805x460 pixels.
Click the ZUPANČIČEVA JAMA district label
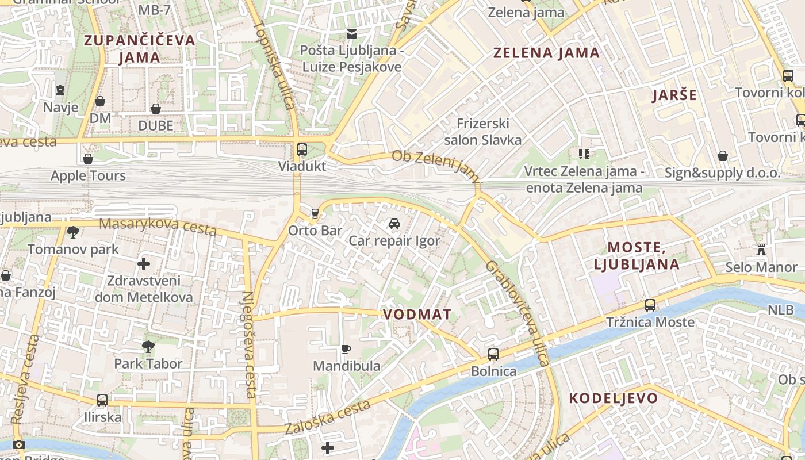140,49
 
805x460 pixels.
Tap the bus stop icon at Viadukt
302,149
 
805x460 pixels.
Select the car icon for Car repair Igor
394,224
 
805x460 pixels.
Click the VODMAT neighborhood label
417,315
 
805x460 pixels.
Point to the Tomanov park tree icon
73,232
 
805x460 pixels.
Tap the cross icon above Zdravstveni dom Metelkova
144,264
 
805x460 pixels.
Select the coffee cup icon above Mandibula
346,349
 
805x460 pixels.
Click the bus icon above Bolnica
493,354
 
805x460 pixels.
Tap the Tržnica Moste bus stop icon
650,305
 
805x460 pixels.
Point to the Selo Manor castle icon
761,250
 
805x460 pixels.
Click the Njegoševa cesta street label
248,345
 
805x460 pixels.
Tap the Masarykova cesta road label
158,227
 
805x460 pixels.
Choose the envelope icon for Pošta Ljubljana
351,34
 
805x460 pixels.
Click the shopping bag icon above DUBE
155,108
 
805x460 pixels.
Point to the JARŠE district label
674,95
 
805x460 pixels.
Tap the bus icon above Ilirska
102,400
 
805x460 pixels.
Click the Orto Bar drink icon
315,214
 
